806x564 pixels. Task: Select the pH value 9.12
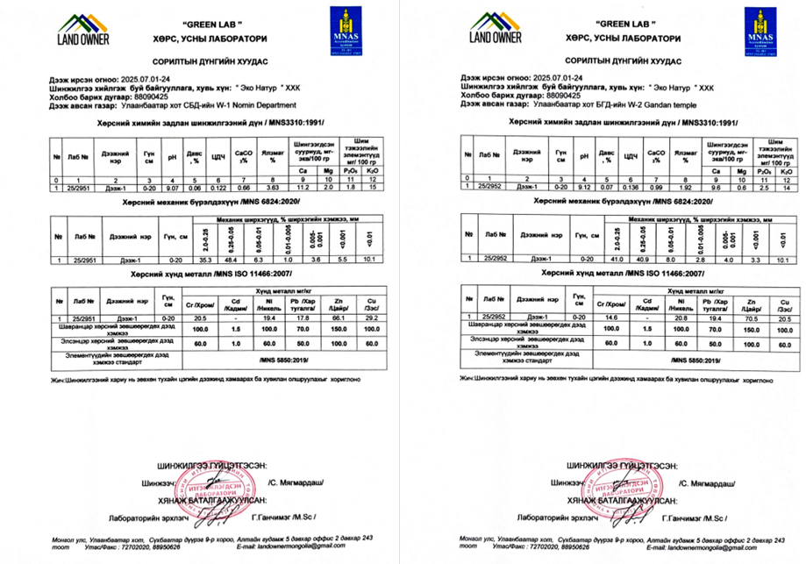pyautogui.click(x=581, y=188)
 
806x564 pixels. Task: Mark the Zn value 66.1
pyautogui.click(x=338, y=318)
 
